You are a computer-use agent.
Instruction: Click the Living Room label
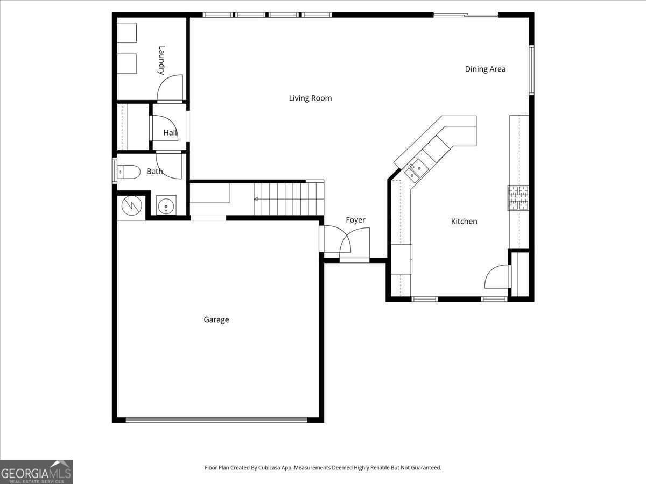click(x=310, y=98)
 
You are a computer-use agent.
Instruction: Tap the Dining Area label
click(x=485, y=69)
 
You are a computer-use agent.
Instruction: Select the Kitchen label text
click(x=464, y=221)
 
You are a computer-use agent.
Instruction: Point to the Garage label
click(x=216, y=319)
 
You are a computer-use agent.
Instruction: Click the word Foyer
click(x=355, y=220)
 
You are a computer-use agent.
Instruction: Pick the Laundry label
click(x=161, y=60)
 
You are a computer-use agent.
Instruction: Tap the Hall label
click(x=170, y=132)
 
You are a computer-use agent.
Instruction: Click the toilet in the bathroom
click(x=128, y=172)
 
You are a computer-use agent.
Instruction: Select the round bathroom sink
click(x=166, y=205)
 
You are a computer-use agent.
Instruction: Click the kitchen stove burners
click(x=518, y=198)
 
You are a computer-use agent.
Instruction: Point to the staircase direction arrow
click(x=256, y=199)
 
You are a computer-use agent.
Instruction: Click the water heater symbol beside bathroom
click(x=131, y=205)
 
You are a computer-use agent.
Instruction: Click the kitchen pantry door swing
click(x=497, y=277)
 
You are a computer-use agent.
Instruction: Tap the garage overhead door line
click(x=216, y=419)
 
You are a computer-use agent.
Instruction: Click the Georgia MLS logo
click(x=36, y=472)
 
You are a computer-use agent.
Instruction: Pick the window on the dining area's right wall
click(x=531, y=70)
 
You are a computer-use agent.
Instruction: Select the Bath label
click(x=155, y=172)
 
